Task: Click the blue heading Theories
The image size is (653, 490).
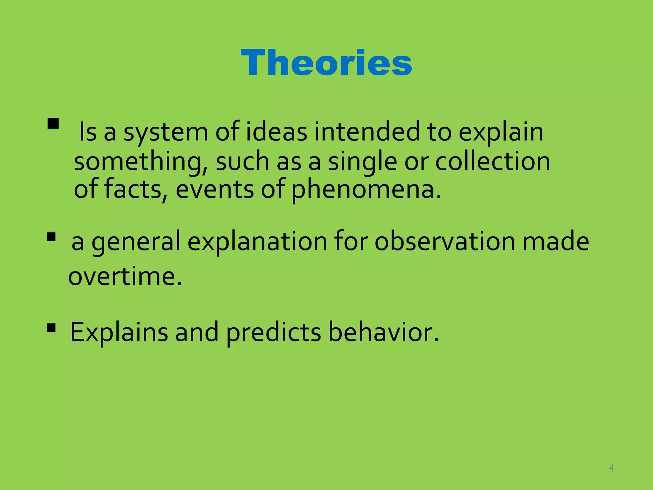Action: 326,63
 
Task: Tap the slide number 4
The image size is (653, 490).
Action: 611,468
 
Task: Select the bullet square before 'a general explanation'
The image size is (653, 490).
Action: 51,237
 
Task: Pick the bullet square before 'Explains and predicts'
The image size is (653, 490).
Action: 51,328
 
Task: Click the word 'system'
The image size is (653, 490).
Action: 166,132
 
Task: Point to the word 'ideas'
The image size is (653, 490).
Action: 276,132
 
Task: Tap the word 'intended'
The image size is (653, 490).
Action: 367,132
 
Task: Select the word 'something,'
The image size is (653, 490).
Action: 141,162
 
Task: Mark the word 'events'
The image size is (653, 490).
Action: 215,189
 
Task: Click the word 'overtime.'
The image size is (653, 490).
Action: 125,276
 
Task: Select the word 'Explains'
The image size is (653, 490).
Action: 119,333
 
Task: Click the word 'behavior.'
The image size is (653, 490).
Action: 384,332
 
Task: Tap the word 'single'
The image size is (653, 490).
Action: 363,162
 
